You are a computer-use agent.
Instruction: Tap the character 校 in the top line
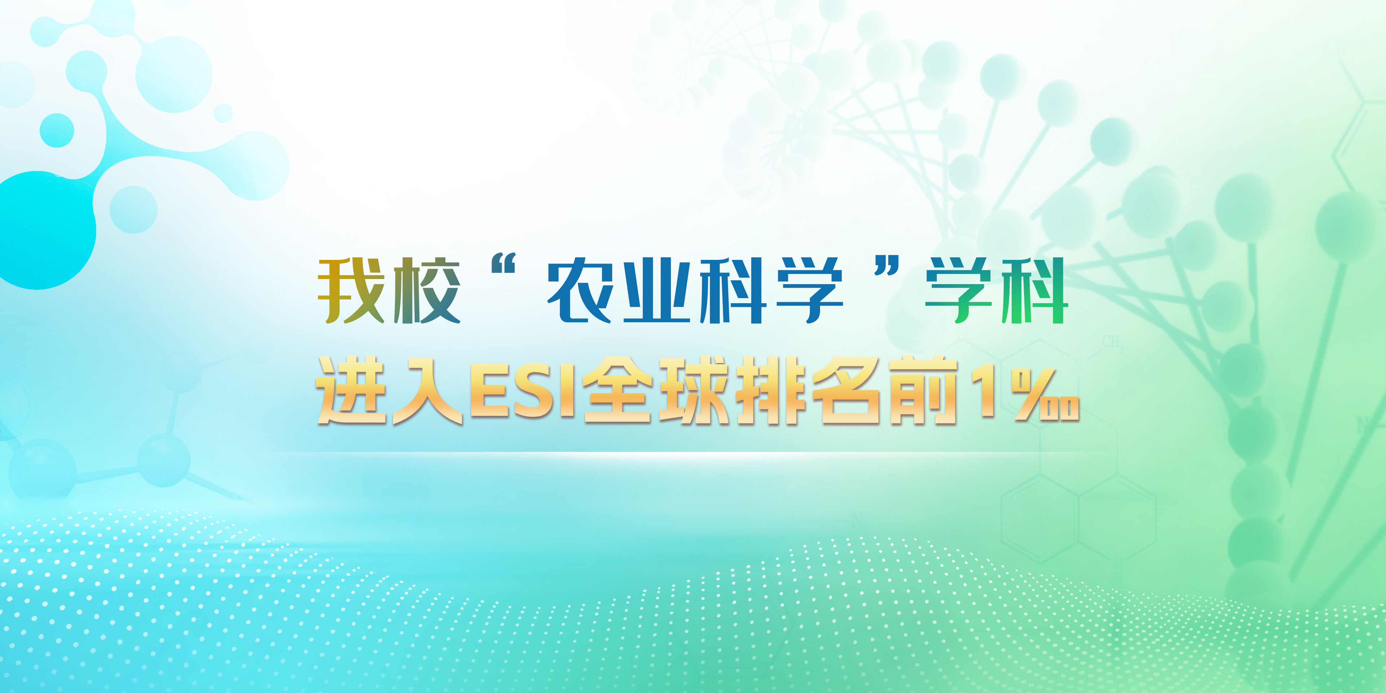[427, 291]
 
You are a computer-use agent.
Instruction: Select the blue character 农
[580, 291]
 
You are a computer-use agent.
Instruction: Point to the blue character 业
[657, 291]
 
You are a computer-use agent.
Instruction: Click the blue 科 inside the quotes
[733, 291]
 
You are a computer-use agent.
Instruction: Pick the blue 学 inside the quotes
[809, 291]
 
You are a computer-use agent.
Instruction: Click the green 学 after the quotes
[958, 291]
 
